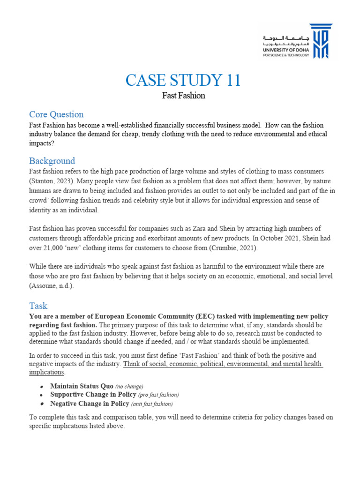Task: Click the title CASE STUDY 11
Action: (182, 81)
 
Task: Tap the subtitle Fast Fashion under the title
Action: (183, 96)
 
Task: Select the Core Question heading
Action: (56, 114)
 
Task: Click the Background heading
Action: (52, 161)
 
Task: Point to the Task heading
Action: (38, 306)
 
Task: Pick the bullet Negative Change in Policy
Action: (90, 404)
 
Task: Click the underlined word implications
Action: (45, 372)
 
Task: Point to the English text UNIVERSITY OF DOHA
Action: (285, 50)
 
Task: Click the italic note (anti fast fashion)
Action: (152, 404)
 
